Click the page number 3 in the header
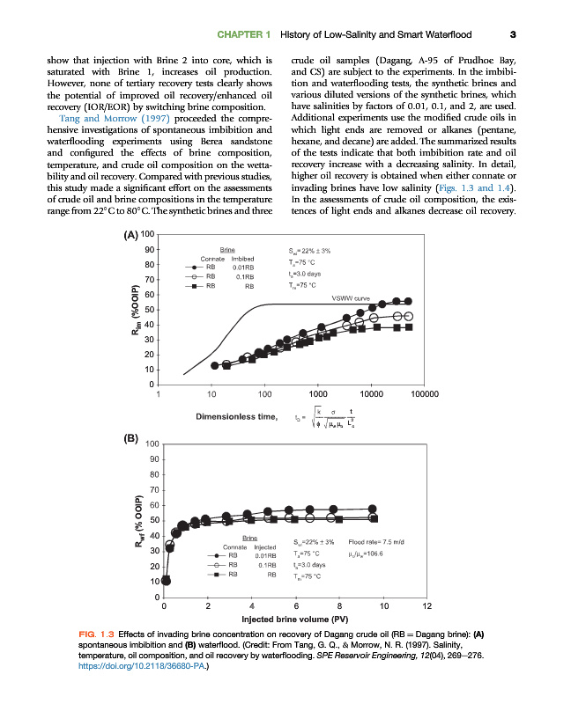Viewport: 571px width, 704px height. [512, 35]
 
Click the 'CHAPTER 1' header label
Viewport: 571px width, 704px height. [243, 35]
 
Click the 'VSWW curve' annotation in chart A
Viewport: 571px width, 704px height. [349, 298]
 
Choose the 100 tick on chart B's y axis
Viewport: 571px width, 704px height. [152, 444]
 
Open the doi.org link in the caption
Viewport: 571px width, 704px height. [124, 666]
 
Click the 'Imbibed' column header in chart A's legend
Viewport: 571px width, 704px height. [242, 259]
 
